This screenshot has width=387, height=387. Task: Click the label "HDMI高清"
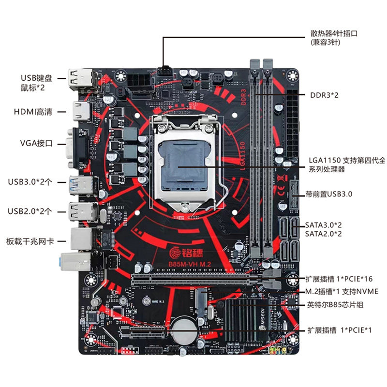[x=36, y=112]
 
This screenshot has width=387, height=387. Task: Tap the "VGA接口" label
[x=36, y=144]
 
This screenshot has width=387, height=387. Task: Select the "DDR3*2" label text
[x=325, y=95]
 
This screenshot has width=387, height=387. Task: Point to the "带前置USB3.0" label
[x=329, y=194]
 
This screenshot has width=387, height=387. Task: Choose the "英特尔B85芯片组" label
[x=335, y=305]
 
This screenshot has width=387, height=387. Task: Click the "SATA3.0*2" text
[x=324, y=225]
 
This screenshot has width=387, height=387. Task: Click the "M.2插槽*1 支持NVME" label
[x=342, y=291]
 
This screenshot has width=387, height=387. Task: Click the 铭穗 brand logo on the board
[x=189, y=252]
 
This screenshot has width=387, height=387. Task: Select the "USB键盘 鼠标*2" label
[x=36, y=82]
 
